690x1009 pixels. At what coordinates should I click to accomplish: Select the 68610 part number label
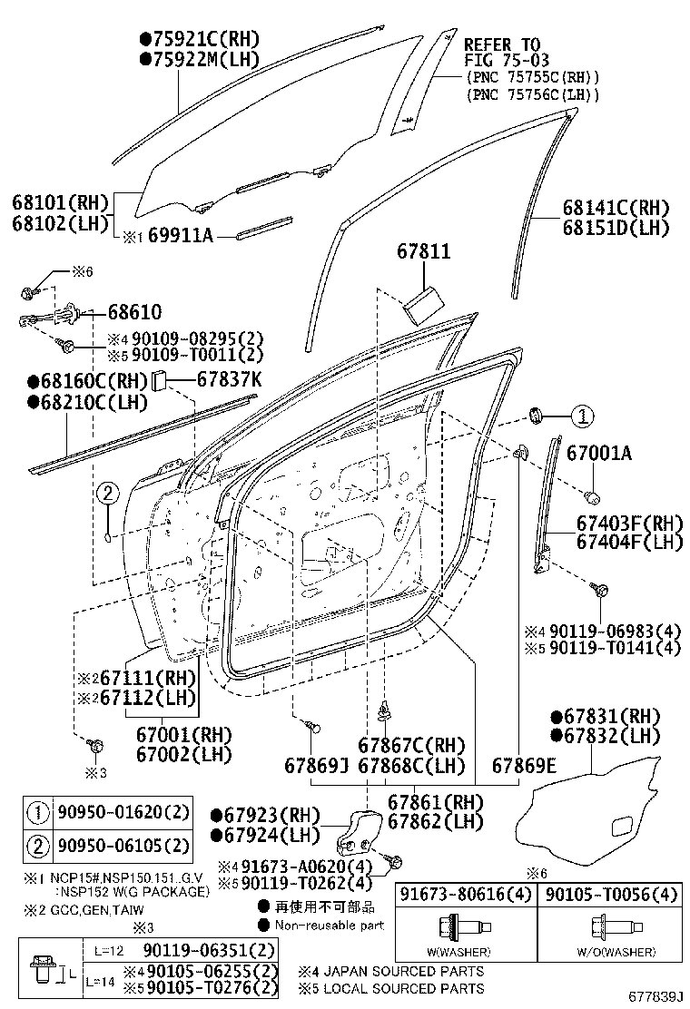(134, 312)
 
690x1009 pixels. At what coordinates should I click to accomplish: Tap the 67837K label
(229, 379)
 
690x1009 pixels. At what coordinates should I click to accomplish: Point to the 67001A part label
(598, 452)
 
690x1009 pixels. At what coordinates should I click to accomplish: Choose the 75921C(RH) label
(199, 39)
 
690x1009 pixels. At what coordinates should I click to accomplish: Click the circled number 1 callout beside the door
(581, 416)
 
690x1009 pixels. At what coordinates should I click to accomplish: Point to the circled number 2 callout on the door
(107, 494)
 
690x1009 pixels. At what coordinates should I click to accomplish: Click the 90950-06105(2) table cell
(123, 847)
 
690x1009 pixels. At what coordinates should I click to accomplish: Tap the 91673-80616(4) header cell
(465, 895)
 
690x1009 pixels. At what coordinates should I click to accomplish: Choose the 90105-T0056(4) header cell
(611, 895)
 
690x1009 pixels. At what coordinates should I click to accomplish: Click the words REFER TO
(501, 44)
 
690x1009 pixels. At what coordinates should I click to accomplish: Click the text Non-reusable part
(330, 926)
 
